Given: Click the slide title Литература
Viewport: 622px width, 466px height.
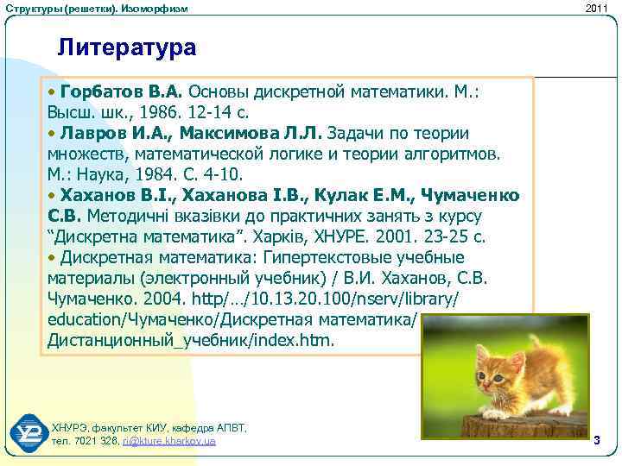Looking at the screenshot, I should point(127,47).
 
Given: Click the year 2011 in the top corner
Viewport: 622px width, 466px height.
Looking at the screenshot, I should point(597,8).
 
